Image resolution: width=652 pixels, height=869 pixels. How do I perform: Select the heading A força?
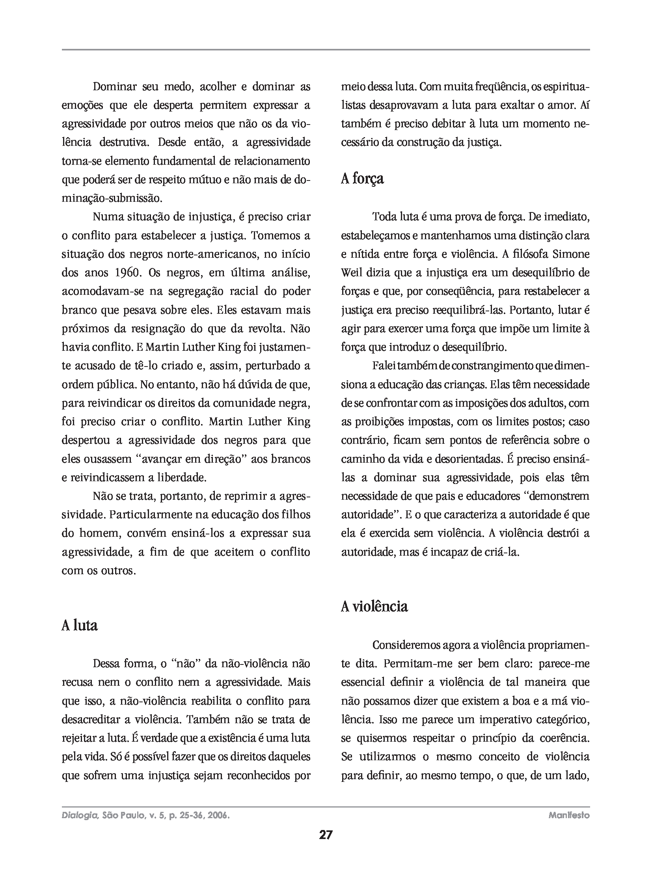[x=362, y=179]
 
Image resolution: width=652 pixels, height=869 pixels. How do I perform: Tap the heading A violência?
[x=374, y=606]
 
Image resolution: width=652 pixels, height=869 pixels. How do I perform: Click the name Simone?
[x=571, y=254]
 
